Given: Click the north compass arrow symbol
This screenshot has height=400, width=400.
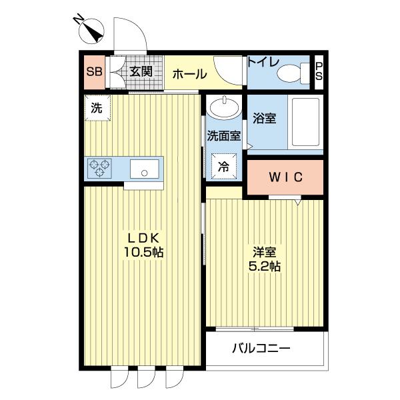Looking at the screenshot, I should coord(91,31).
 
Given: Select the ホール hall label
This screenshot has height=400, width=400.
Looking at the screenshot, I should coord(189,75).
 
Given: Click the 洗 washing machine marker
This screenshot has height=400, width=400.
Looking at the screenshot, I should coord(97,109).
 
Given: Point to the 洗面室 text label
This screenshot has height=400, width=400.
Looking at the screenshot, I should coord(223,137).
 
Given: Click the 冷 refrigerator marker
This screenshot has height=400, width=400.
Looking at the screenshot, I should coord(223,167).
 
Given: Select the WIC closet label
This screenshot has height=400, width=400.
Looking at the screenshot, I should coord(285,177).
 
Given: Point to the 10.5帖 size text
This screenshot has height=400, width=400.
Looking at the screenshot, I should coord(143,253).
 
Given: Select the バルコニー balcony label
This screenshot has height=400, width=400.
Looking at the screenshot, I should coord(261,348).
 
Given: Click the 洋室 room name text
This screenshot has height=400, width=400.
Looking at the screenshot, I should coord(265,253).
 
